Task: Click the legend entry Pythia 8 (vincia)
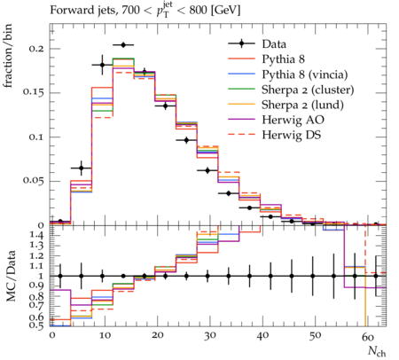pos(305,74)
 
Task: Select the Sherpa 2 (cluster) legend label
pos(308,90)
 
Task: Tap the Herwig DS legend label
pos(292,135)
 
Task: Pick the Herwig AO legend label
pos(293,120)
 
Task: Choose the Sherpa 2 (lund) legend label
pos(302,105)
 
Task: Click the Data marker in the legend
pos(241,44)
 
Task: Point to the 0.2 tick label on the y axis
pos(36,48)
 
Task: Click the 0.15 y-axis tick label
pos(34,92)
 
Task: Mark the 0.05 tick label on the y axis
pos(34,181)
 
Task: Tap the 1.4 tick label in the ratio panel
pos(37,236)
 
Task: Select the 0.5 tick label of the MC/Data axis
pos(37,325)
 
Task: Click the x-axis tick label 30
pos(209,336)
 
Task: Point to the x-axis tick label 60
pos(368,336)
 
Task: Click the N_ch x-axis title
pos(377,351)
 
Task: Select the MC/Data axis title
pos(11,276)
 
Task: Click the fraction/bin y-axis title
pos(8,56)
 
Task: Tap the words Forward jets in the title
pos(82,11)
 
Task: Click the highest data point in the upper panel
pos(123,45)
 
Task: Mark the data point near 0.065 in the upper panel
pos(82,168)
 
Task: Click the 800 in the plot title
pos(198,10)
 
